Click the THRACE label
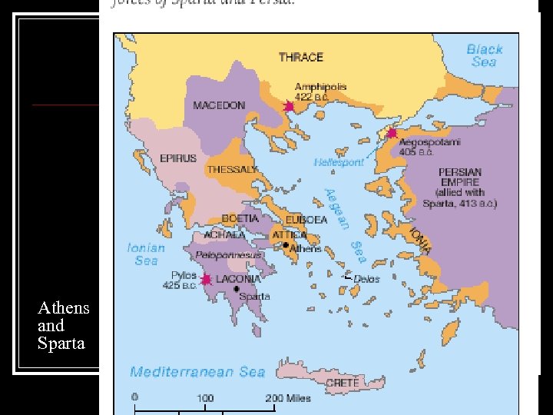pyautogui.click(x=300, y=57)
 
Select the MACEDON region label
pyautogui.click(x=219, y=105)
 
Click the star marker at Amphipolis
pyautogui.click(x=289, y=106)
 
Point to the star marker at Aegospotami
pyautogui.click(x=392, y=133)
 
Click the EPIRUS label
pyautogui.click(x=178, y=158)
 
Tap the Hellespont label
pyautogui.click(x=339, y=162)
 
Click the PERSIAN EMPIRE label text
pyautogui.click(x=459, y=177)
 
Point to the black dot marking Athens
pyautogui.click(x=286, y=245)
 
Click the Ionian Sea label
pyautogui.click(x=146, y=254)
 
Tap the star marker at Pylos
pyautogui.click(x=206, y=280)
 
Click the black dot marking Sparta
pyautogui.click(x=237, y=288)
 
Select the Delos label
pyautogui.click(x=366, y=279)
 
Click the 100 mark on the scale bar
pyautogui.click(x=205, y=399)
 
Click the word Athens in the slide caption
pyautogui.click(x=64, y=308)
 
